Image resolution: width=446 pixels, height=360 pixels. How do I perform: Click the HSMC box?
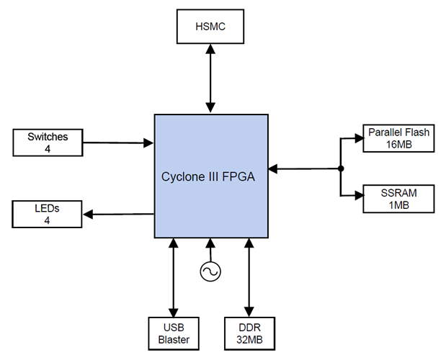click(x=210, y=27)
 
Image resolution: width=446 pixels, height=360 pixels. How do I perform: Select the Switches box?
click(x=48, y=142)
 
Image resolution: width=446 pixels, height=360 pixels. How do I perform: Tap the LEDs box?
click(x=48, y=214)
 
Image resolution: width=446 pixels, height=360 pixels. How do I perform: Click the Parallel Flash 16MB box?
click(x=398, y=138)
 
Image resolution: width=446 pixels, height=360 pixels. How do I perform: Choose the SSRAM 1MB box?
click(x=398, y=199)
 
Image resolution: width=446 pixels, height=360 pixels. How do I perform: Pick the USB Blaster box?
click(x=173, y=331)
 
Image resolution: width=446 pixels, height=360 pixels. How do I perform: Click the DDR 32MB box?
click(x=249, y=331)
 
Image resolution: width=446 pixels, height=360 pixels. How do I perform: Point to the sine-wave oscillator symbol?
click(x=210, y=271)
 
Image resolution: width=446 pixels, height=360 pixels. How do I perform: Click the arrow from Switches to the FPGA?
click(x=119, y=143)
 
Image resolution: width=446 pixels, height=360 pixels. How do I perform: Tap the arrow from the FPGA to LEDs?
click(x=119, y=214)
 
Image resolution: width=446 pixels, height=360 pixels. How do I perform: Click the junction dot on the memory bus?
click(x=339, y=169)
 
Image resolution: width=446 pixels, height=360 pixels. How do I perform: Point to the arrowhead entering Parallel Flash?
click(x=358, y=138)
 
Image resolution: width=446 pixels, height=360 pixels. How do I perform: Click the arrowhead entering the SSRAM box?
click(x=358, y=195)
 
